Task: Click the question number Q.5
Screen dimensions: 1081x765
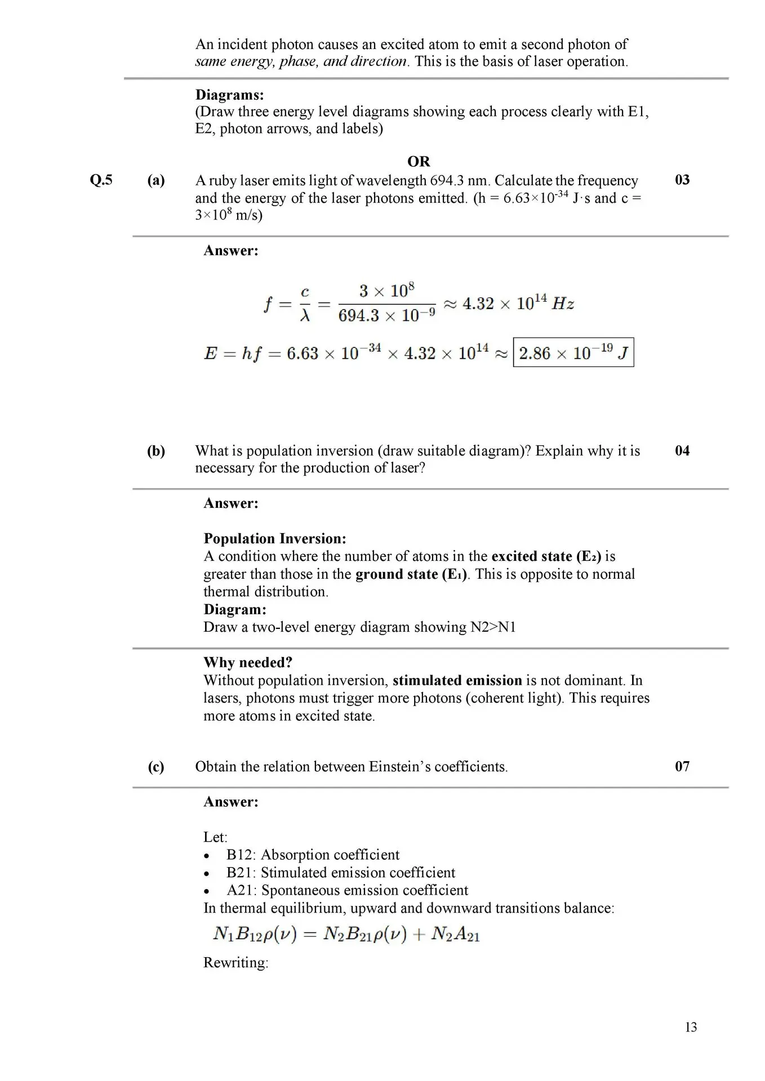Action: point(101,180)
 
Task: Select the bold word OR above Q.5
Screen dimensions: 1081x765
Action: point(419,162)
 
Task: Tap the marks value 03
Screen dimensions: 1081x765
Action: point(682,180)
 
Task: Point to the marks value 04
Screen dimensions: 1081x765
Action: point(682,450)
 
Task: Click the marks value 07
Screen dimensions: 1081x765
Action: point(682,766)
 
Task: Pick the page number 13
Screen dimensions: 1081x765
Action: point(691,1028)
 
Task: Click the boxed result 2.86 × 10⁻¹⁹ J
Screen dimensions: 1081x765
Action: point(573,353)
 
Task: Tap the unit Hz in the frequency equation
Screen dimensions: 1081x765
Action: point(563,304)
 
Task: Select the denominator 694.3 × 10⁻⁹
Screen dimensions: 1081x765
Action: point(386,316)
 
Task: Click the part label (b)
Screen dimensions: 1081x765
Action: point(156,451)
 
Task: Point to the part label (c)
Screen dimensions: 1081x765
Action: point(156,767)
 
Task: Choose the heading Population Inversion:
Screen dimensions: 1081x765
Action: point(275,539)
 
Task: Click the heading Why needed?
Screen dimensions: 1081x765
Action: point(248,662)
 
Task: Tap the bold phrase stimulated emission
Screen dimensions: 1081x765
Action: point(457,680)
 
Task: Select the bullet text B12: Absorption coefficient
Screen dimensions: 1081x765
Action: point(313,855)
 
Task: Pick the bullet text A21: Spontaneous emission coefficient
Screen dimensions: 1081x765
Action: point(347,890)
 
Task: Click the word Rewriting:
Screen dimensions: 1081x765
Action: point(236,962)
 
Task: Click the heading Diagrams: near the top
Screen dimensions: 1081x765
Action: point(230,95)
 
